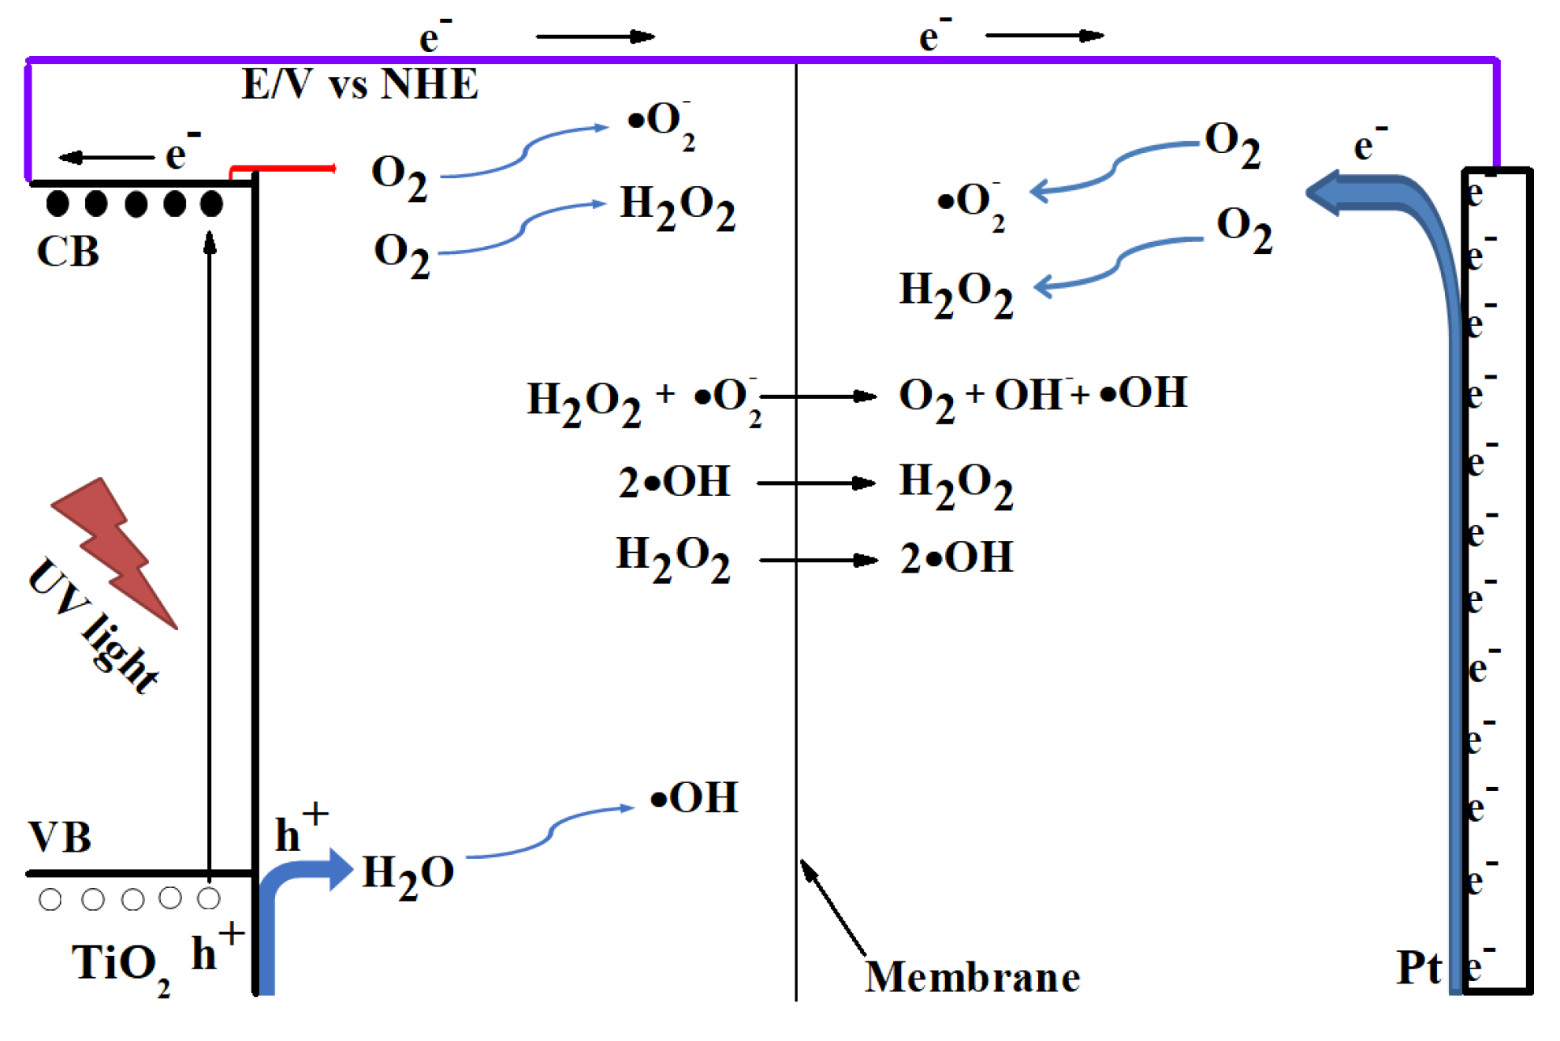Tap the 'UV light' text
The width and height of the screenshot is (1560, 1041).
click(x=93, y=627)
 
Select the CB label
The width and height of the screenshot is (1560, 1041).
click(x=68, y=252)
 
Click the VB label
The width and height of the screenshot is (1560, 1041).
click(x=60, y=838)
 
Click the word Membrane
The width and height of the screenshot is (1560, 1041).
click(x=972, y=978)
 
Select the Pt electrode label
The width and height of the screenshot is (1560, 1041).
click(x=1419, y=968)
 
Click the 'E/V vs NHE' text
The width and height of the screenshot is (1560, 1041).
click(x=359, y=84)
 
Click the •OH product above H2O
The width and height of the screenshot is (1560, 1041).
click(x=694, y=798)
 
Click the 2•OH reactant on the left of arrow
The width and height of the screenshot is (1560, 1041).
click(x=674, y=483)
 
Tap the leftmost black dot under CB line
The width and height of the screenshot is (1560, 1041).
click(x=58, y=203)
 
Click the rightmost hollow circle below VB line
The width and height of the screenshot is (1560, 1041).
click(x=209, y=898)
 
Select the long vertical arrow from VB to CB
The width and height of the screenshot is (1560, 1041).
click(x=210, y=552)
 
